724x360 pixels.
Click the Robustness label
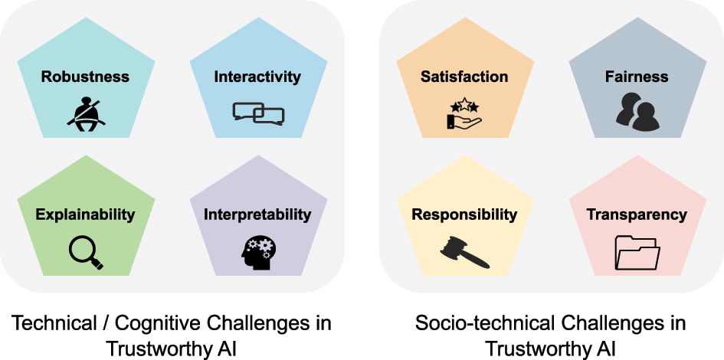pos(85,77)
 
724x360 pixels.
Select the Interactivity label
pos(257,77)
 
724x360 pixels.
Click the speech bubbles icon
pos(258,113)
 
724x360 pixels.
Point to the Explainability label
pos(85,214)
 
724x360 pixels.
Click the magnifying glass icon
pos(85,251)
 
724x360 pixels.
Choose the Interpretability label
pos(257,214)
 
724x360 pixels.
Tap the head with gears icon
pos(258,251)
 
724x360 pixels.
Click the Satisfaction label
pos(464,77)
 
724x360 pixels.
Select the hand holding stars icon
pos(464,113)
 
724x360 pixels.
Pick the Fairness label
pos(637,77)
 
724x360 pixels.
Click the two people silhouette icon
pos(637,113)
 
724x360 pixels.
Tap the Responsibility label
pos(464,214)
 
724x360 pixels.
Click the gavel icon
pos(464,252)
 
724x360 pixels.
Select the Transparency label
pos(637,214)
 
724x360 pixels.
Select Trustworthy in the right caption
pos(539,349)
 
